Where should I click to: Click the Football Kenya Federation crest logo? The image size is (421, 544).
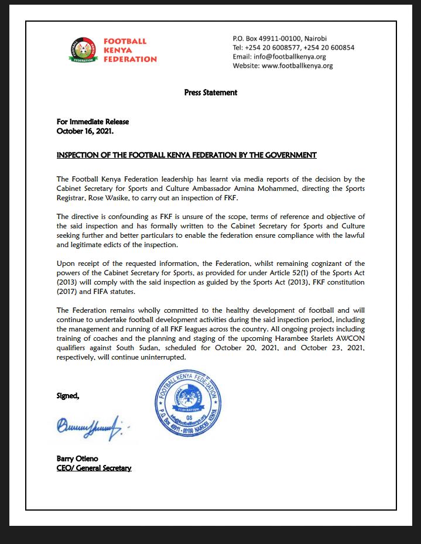coord(83,50)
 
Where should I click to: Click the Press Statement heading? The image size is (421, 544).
coord(210,93)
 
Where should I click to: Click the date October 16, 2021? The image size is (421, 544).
coord(85,131)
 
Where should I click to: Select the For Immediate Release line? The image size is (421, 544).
coord(93,122)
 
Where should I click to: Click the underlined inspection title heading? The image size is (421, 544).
coord(186,155)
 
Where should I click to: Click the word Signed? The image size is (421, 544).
coord(67,396)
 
